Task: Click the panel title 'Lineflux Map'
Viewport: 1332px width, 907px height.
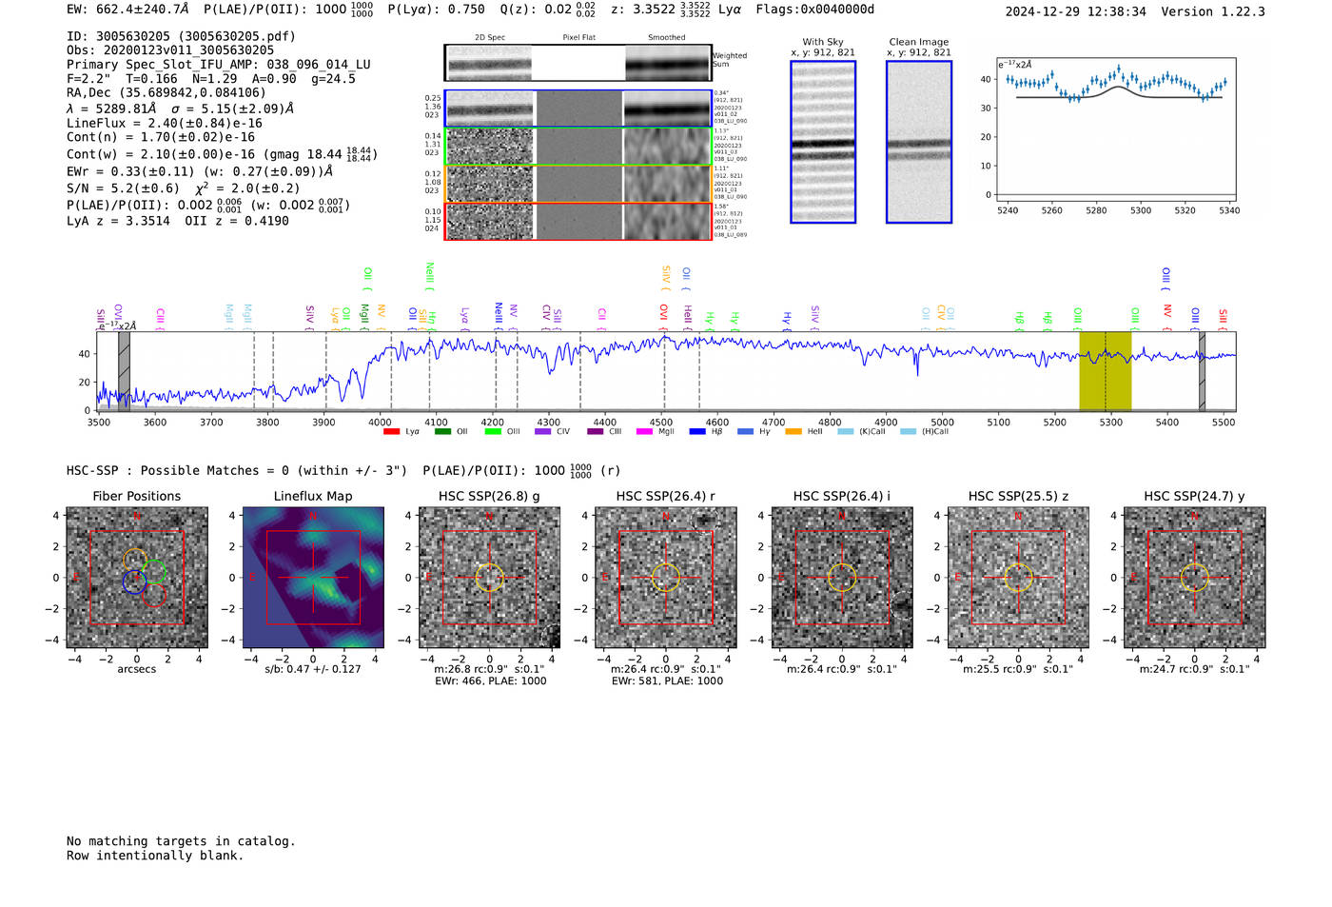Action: [x=312, y=496]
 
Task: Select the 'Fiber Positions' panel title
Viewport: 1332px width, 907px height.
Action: [x=136, y=496]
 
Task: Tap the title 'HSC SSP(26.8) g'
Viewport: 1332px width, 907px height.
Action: [x=489, y=496]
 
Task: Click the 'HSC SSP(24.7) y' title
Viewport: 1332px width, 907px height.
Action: [x=1194, y=496]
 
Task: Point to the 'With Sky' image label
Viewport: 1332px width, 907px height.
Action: [x=822, y=42]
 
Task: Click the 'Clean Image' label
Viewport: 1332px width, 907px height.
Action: [x=918, y=42]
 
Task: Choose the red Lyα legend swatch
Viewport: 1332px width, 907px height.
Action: [x=391, y=432]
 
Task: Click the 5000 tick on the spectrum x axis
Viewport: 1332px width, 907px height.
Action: [x=942, y=422]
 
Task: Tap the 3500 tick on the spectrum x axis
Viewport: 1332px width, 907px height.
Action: [x=99, y=422]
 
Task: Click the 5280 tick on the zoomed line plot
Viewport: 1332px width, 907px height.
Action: [x=1096, y=210]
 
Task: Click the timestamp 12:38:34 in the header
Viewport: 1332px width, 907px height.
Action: [x=1114, y=11]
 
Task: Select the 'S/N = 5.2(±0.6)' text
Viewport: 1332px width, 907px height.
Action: [x=123, y=188]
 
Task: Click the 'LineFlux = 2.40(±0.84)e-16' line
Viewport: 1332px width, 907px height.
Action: [x=164, y=123]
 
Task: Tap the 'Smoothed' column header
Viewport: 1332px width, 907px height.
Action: [x=666, y=37]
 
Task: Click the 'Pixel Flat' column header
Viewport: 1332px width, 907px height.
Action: [x=578, y=37]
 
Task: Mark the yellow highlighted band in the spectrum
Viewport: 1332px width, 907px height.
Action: [x=1105, y=371]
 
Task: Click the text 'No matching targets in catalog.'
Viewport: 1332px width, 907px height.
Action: [x=181, y=841]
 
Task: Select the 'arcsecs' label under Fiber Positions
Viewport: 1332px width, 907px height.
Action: [x=136, y=669]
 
